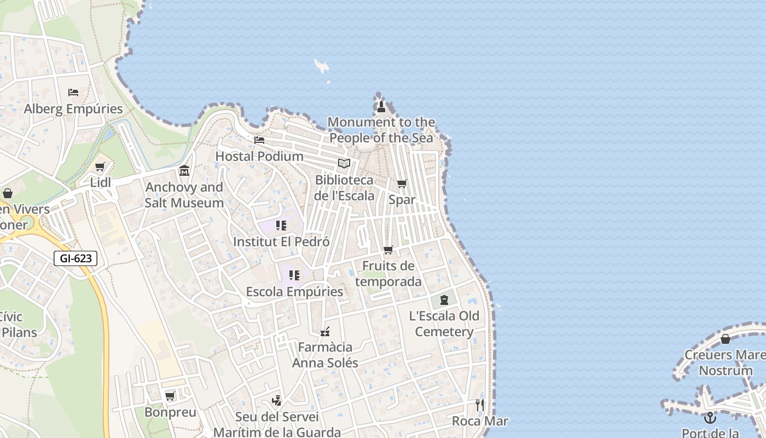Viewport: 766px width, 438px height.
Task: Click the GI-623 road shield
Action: point(76,258)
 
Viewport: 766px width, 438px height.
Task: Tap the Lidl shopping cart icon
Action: point(100,167)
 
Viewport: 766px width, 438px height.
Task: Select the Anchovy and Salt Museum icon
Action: point(184,171)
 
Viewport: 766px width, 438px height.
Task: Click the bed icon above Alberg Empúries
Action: point(73,93)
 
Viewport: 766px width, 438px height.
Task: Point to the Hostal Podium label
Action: point(259,156)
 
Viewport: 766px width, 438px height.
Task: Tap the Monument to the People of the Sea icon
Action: point(381,106)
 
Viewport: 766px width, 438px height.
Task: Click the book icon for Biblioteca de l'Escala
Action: point(344,163)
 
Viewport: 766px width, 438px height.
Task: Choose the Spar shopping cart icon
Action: point(402,184)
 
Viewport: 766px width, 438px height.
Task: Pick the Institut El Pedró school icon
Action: point(281,226)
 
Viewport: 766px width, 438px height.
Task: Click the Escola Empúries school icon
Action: point(294,275)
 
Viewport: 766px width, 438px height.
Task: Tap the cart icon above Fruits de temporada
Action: point(388,250)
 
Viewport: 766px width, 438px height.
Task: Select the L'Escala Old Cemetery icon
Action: point(444,300)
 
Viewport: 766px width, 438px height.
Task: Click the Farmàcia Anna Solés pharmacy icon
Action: point(325,332)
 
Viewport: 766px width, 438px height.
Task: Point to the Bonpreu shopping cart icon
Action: point(170,396)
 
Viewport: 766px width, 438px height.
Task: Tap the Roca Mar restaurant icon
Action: point(480,405)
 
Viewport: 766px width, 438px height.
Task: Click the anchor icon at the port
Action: point(710,418)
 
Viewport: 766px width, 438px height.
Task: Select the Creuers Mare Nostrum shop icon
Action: point(726,339)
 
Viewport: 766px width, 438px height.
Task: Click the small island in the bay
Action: point(321,66)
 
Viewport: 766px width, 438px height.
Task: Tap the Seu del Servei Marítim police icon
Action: point(277,401)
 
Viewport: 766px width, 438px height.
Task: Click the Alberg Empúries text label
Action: point(73,109)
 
